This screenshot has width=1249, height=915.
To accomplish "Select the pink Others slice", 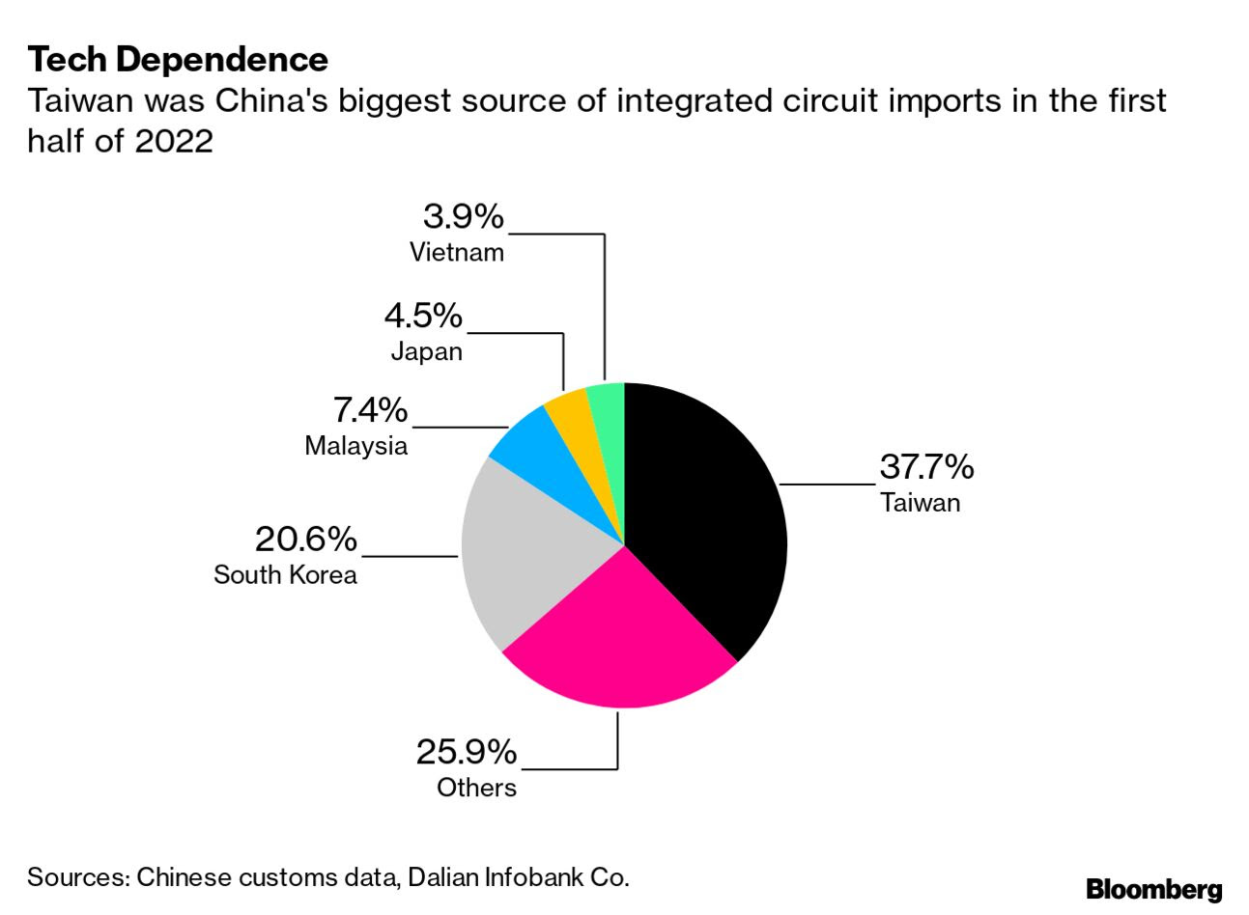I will (x=618, y=637).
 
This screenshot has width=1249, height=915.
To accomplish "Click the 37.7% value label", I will (x=926, y=467).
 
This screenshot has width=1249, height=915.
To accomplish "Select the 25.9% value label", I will (x=467, y=752).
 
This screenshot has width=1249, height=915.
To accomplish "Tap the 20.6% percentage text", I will (x=305, y=539).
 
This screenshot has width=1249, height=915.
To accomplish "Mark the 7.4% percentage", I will (x=370, y=410).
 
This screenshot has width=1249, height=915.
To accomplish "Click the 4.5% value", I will (x=423, y=316).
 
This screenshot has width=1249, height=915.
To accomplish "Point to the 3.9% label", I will (x=463, y=216).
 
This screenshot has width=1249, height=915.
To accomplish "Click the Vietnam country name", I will (x=457, y=253).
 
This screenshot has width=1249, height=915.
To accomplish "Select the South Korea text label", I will (x=285, y=575).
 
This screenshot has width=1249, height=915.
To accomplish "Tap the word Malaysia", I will (x=355, y=446).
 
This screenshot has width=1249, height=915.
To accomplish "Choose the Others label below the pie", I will (x=476, y=788).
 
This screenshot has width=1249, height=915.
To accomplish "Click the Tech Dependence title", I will (x=178, y=60).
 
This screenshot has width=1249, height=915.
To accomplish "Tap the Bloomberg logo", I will (x=1153, y=889).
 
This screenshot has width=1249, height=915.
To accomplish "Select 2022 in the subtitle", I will (x=174, y=141).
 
